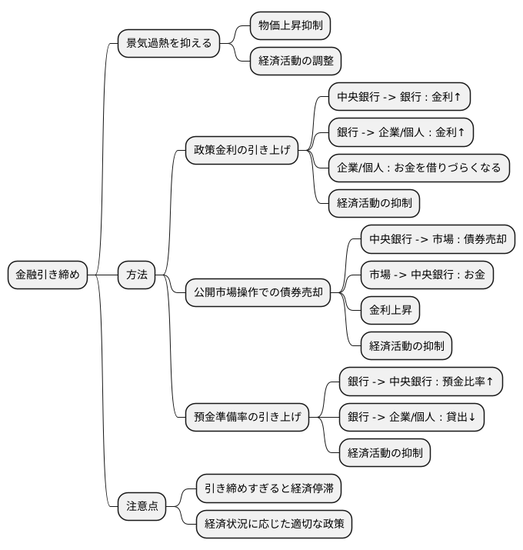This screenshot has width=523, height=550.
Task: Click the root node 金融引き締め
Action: coord(48,275)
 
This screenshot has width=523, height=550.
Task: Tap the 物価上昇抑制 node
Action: coord(290,26)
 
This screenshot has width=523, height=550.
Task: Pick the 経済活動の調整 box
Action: coord(295,62)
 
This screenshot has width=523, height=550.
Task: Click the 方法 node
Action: coord(136,275)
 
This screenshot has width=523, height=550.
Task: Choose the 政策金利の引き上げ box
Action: coord(242,150)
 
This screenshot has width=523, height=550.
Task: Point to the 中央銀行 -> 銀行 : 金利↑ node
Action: coord(398,97)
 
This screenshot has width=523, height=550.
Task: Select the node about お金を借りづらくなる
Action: coord(418,168)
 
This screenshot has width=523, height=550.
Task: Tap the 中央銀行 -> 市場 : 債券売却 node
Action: coord(437,238)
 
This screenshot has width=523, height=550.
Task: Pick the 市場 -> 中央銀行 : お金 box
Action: coord(426,274)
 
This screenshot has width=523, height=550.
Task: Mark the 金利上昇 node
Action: coord(391,310)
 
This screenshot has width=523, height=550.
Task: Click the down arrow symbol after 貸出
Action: coord(471,418)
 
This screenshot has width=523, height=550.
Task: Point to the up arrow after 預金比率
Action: coord(489,382)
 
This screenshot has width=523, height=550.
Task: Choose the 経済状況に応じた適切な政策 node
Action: coord(274,524)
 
